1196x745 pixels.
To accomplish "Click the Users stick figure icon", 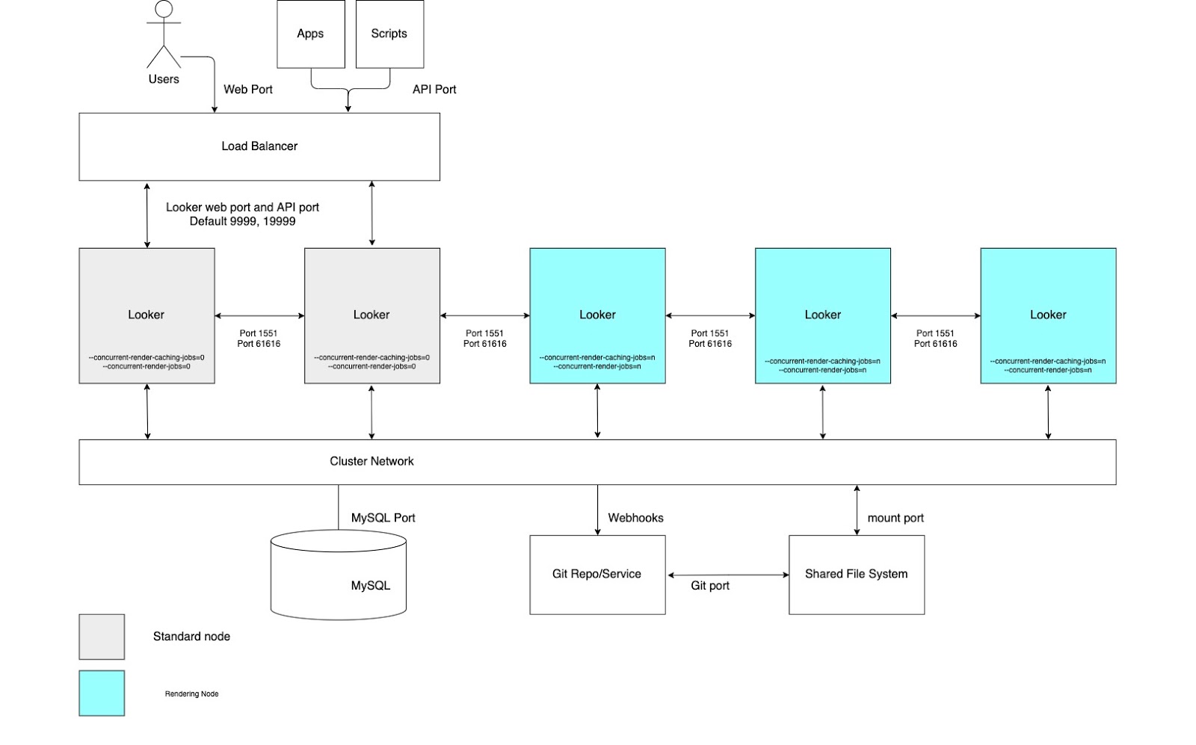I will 164,35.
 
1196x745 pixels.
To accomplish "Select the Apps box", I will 311,34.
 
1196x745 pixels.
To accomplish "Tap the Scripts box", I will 389,34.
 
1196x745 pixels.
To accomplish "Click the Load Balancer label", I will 259,146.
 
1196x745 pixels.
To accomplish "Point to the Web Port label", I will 248,90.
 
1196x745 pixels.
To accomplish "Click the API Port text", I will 434,90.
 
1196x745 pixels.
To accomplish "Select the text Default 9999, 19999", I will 242,221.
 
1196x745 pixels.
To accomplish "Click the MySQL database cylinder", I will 339,575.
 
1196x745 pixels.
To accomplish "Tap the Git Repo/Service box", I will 597,575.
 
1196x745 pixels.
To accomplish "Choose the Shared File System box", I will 857,575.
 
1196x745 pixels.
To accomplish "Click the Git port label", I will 710,586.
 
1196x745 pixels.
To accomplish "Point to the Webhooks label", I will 635,518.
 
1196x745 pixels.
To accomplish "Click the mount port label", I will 896,518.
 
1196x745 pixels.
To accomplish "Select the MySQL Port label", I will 383,518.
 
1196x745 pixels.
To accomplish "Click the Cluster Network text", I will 372,462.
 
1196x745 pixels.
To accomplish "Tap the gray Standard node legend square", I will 102,637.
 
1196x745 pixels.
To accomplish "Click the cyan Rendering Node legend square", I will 102,693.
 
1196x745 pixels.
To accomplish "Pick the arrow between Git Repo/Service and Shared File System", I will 728,575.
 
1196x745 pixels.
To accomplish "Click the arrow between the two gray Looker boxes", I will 259,316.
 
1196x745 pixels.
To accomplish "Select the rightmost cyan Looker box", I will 1048,315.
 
